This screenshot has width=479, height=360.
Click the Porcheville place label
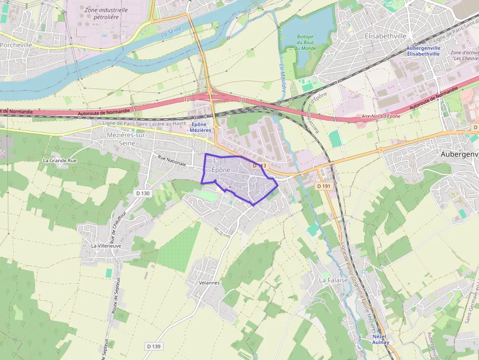[16, 44]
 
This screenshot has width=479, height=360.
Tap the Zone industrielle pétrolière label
[106, 13]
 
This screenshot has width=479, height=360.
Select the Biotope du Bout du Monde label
[305, 42]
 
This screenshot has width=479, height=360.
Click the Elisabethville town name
[386, 36]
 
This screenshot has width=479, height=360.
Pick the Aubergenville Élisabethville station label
[423, 51]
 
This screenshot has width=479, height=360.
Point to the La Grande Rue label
[60, 160]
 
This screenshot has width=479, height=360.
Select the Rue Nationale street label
[172, 161]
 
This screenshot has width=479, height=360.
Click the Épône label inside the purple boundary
[221, 169]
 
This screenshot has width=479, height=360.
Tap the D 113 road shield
[259, 166]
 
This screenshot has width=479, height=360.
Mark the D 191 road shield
[324, 186]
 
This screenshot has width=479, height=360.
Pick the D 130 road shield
[143, 193]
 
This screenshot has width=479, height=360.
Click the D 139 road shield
[153, 346]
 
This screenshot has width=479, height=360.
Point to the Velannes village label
[210, 283]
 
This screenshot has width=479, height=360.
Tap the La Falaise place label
[333, 280]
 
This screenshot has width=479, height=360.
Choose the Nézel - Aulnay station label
[380, 339]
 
